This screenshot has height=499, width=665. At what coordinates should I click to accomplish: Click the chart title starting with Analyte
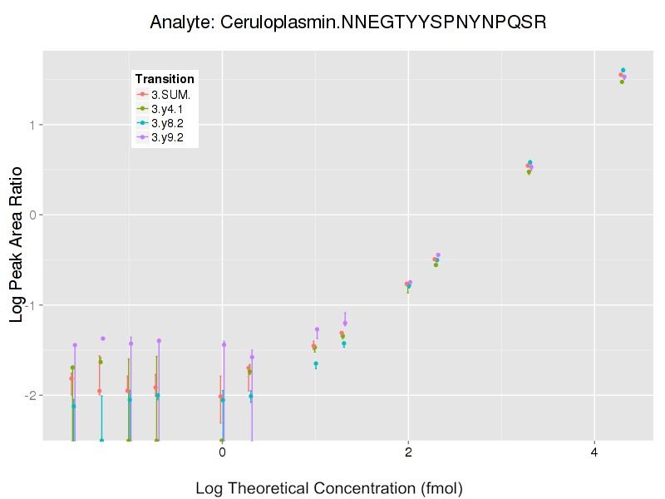[x=347, y=22]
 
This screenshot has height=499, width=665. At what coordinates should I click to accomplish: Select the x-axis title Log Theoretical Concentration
[x=328, y=487]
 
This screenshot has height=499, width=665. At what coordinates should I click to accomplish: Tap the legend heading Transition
[x=165, y=79]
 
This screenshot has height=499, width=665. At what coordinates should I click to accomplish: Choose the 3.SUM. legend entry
[x=170, y=95]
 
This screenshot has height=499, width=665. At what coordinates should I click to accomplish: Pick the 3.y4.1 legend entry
[x=170, y=109]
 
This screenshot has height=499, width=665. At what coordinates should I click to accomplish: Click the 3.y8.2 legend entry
[x=170, y=123]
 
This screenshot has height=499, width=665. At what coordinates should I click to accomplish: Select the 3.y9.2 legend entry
[x=170, y=137]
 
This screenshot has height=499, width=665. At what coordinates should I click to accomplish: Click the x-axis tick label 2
[x=408, y=453]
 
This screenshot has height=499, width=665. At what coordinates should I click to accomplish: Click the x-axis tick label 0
[x=222, y=453]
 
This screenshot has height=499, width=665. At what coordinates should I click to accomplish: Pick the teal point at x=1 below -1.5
[x=316, y=363]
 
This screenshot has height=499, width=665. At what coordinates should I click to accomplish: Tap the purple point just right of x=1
[x=317, y=329]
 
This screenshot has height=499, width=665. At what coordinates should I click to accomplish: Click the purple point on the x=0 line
[x=224, y=344]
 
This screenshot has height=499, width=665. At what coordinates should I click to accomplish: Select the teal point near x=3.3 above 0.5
[x=530, y=162]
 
